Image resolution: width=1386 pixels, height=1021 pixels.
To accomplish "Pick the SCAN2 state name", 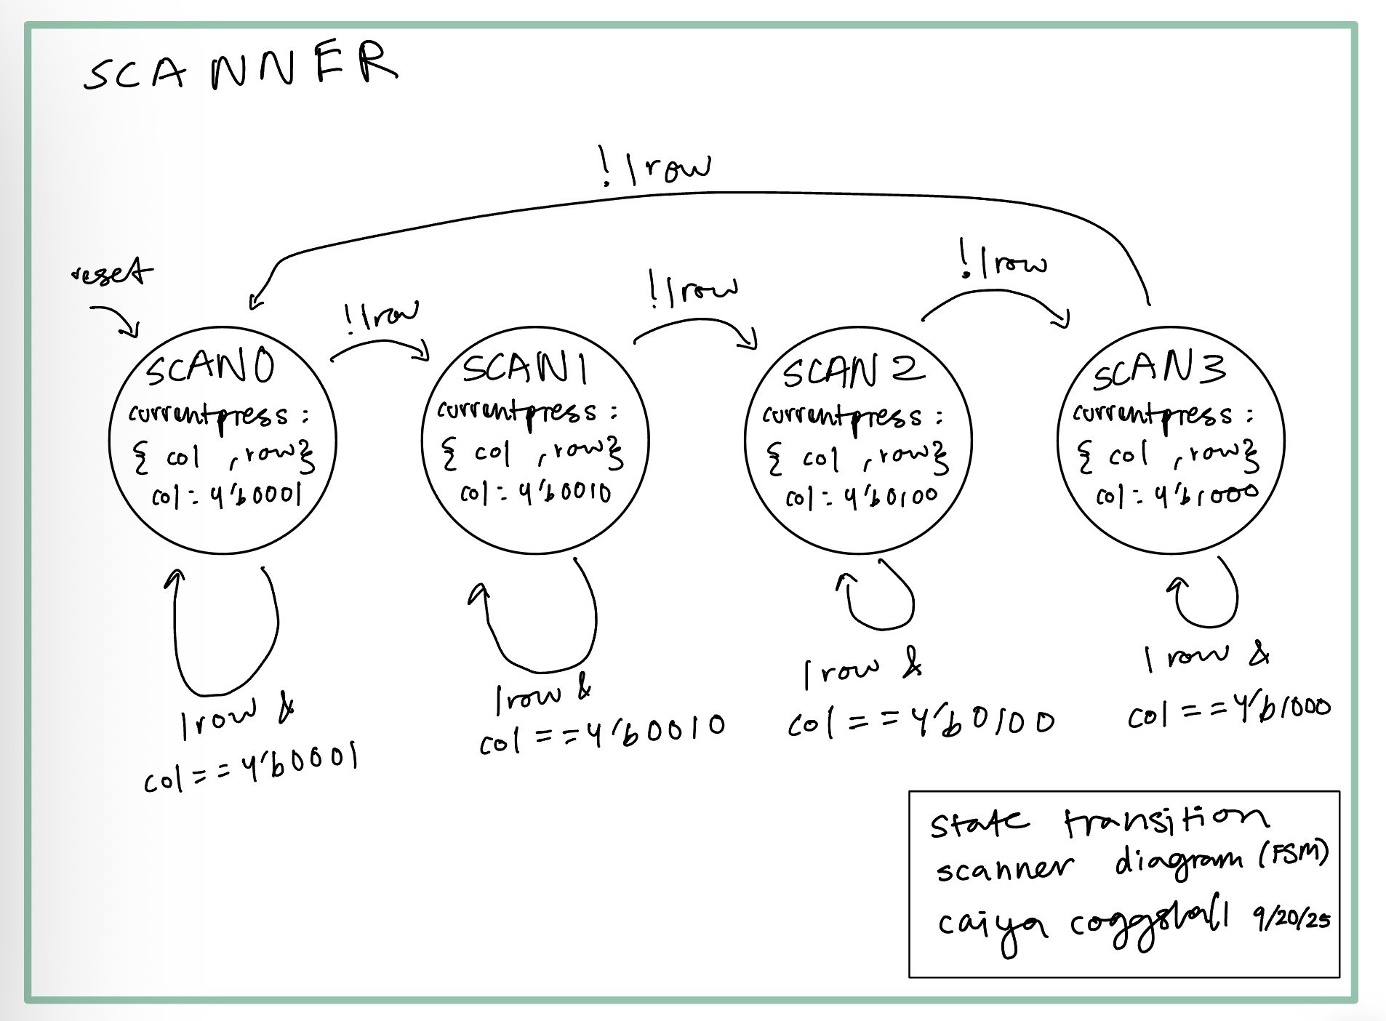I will (852, 371).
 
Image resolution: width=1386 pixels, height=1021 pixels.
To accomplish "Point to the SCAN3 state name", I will (1159, 369).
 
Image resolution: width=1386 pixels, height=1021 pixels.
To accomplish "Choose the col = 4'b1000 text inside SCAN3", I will (1177, 495).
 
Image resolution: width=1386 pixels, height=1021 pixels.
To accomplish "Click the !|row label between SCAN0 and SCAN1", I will (381, 316).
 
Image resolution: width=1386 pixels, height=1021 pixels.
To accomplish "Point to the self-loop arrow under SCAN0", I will (225, 633).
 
